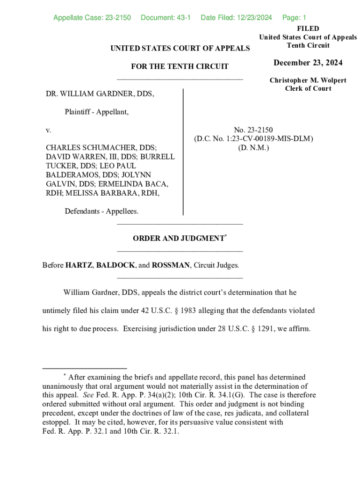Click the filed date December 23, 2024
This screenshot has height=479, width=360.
pos(308,63)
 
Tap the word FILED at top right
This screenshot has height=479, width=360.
pos(308,29)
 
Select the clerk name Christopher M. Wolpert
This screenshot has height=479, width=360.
pos(308,80)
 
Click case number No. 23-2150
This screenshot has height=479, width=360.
pos(253,130)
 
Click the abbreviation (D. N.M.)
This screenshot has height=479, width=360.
pos(253,147)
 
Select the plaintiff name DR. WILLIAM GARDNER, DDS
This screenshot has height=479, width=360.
pos(100,94)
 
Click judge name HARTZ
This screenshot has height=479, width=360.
pos(79,265)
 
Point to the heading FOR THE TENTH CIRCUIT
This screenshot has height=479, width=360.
pos(180,66)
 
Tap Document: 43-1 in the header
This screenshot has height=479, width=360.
pos(166,18)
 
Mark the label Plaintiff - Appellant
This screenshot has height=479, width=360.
pos(96,112)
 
